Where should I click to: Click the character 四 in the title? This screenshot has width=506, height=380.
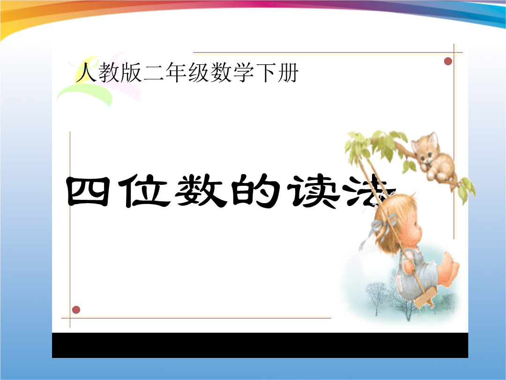(88, 191)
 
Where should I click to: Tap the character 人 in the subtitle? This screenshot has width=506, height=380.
(86, 72)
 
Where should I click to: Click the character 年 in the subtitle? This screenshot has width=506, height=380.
(176, 72)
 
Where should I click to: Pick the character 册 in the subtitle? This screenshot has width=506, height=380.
(288, 72)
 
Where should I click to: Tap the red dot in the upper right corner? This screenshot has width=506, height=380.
(448, 61)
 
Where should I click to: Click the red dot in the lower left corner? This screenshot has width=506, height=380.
(76, 310)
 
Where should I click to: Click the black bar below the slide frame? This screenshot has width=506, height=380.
(260, 345)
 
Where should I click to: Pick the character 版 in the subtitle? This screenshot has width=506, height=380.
(131, 72)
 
